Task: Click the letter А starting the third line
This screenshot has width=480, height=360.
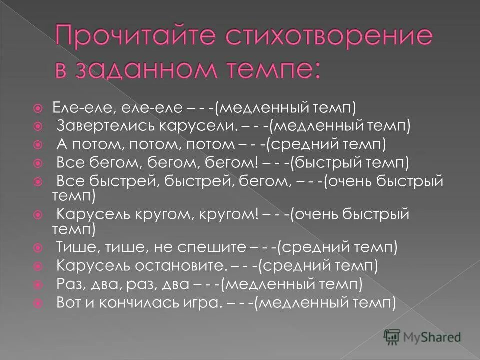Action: pos(62,144)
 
